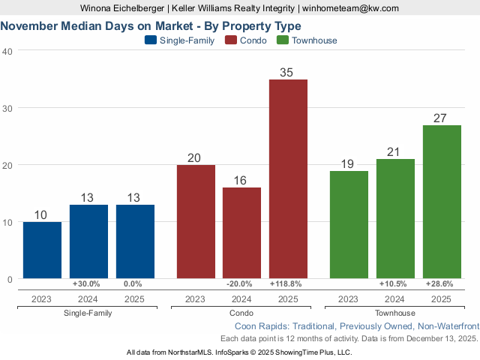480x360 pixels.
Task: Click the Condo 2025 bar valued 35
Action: tap(288, 179)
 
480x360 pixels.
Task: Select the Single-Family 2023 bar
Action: tap(42, 250)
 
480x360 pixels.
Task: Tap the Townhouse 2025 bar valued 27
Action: tap(442, 202)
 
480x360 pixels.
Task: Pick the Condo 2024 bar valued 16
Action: tap(241, 233)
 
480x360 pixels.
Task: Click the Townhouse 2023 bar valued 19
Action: tap(349, 225)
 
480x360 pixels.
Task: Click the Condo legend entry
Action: tap(247, 40)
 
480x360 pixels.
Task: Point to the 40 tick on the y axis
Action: tap(7, 51)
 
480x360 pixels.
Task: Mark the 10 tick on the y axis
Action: tap(7, 222)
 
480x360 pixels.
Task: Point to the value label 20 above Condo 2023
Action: tap(195, 158)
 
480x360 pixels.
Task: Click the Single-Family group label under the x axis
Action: tap(88, 313)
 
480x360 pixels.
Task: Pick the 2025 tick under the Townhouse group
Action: tap(442, 298)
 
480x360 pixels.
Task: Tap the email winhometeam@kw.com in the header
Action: tap(351, 8)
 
